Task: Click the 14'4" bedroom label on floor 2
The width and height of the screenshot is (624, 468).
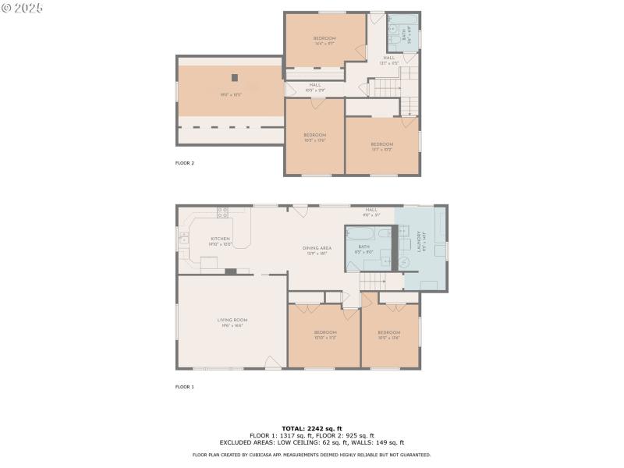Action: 324,40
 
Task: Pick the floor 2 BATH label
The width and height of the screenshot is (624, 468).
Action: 404,34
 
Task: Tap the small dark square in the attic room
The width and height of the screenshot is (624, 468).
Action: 233,77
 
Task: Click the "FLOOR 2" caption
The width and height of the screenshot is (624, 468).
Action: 184,163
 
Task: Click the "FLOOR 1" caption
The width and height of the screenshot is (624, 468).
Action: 184,387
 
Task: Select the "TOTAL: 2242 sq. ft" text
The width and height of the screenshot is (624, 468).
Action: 311,429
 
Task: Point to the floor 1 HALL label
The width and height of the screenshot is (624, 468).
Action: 371,211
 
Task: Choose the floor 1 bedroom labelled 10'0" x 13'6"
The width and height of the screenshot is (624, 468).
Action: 388,334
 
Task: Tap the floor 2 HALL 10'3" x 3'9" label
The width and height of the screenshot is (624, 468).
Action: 314,87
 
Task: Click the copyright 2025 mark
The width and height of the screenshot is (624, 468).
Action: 23,7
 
